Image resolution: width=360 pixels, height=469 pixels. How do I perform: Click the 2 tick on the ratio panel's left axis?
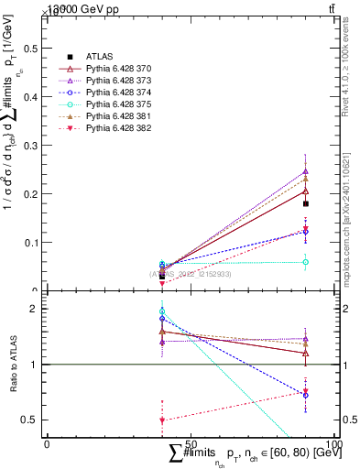point(40,309)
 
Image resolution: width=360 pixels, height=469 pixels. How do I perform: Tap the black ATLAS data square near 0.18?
point(306,204)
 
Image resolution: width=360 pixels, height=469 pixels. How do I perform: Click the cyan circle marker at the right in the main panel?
point(306,262)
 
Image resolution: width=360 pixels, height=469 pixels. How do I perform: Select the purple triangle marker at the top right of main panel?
point(306,171)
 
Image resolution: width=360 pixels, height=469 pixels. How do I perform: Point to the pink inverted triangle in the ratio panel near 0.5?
point(162,420)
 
